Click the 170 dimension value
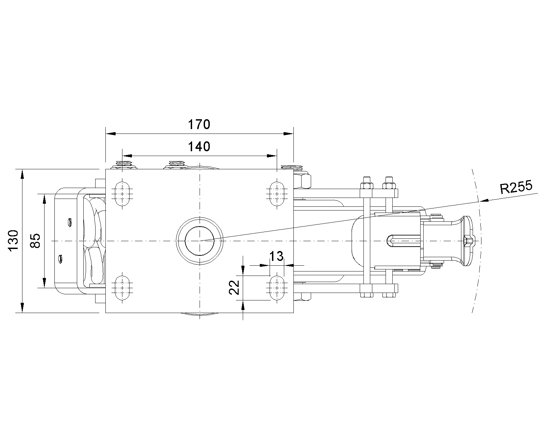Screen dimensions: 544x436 tap(199, 124)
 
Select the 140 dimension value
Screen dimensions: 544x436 tap(199, 147)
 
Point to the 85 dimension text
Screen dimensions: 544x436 tap(35, 241)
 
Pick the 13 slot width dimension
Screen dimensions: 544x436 tap(276, 256)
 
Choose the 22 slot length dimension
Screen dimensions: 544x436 tap(234, 287)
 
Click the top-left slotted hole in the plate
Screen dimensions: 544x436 tap(122, 194)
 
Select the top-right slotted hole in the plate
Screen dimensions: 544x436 tap(277, 194)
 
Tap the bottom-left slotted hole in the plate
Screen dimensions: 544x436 tap(122, 288)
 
